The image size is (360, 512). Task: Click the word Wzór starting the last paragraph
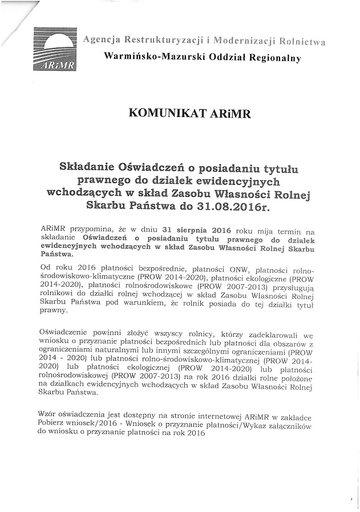(x=49, y=413)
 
